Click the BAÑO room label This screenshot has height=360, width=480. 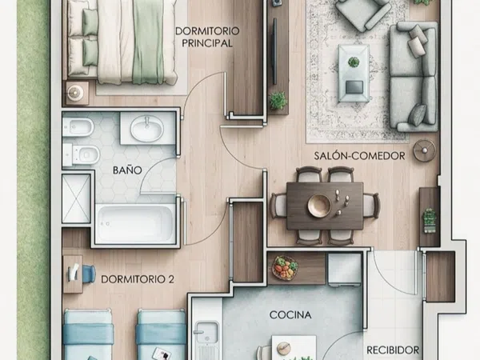(127, 170)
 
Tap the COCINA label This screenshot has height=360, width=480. (290, 314)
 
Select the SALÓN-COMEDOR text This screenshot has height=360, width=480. (359, 156)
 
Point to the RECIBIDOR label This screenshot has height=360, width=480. (393, 350)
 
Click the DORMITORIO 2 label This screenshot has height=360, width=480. (138, 279)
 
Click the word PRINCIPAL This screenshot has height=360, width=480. (207, 43)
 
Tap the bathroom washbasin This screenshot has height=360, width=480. (147, 129)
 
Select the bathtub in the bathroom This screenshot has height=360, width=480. (135, 223)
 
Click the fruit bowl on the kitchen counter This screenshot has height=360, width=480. (286, 267)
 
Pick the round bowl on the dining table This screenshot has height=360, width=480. (319, 205)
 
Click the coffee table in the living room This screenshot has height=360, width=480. (354, 73)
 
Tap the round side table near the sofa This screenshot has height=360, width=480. (424, 150)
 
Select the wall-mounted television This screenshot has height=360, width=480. (274, 51)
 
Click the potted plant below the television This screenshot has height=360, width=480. (278, 101)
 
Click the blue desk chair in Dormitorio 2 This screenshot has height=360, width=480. (88, 273)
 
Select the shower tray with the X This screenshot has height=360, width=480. (76, 198)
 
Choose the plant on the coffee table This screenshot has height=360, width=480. (354, 62)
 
